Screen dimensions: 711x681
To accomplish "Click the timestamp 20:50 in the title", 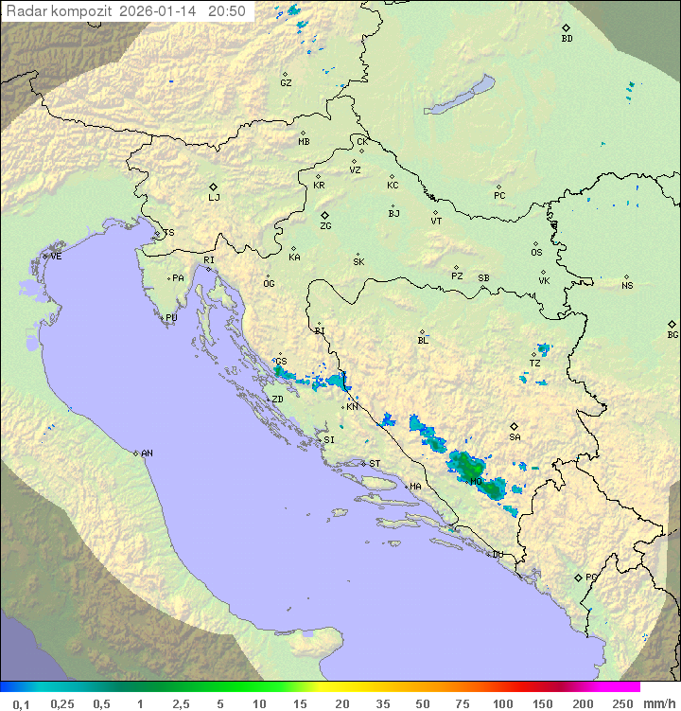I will pyautogui.click(x=227, y=11).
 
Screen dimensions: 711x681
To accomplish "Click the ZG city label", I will pyautogui.click(x=325, y=226).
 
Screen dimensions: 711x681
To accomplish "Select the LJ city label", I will pyautogui.click(x=214, y=197).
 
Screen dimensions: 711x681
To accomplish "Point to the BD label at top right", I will pyautogui.click(x=567, y=39).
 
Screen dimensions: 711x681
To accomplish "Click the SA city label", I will pyautogui.click(x=515, y=436).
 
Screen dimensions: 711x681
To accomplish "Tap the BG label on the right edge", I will pyautogui.click(x=672, y=334).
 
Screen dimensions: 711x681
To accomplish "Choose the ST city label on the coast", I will pyautogui.click(x=375, y=463).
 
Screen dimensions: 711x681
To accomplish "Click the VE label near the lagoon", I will pyautogui.click(x=56, y=256).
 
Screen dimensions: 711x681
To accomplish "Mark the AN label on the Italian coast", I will pyautogui.click(x=147, y=453).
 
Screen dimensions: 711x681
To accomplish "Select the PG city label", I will pyautogui.click(x=591, y=577).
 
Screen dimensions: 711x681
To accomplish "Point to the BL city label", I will pyautogui.click(x=423, y=341).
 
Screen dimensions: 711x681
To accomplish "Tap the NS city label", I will pyautogui.click(x=627, y=285).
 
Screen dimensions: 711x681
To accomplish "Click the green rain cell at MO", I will pyautogui.click(x=469, y=466).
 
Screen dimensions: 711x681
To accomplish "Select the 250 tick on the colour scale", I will pyautogui.click(x=621, y=703).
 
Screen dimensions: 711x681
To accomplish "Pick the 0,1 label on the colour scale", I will pyautogui.click(x=21, y=703).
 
